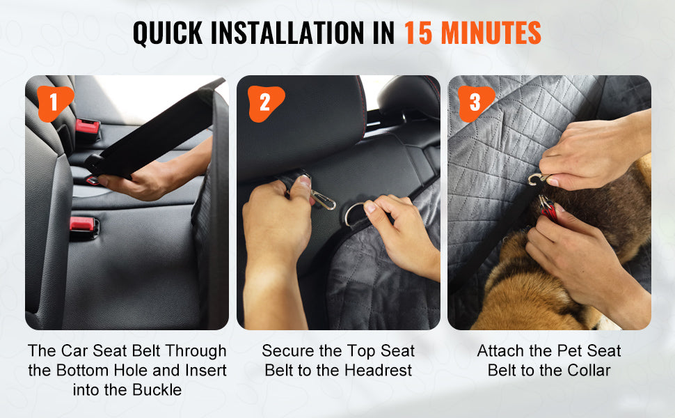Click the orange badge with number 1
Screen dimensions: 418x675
click(x=53, y=102)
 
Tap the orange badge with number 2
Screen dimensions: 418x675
click(x=264, y=103)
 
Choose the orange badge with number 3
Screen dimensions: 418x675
click(x=475, y=103)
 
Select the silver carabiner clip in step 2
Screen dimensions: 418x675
click(x=321, y=200)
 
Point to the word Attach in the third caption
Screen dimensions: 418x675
click(x=500, y=350)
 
